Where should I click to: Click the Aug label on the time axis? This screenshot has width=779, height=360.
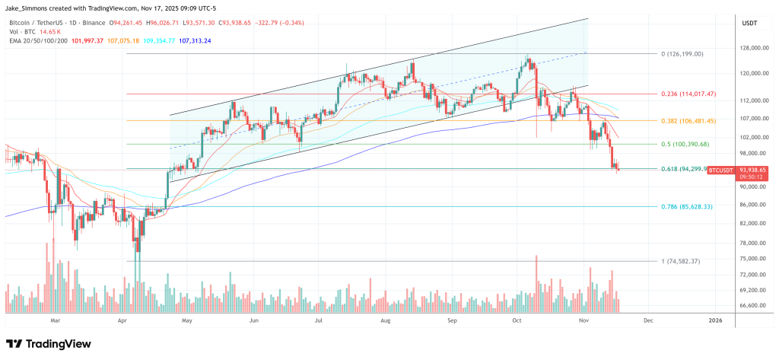click(x=385, y=322)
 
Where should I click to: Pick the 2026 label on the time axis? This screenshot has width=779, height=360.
click(x=715, y=322)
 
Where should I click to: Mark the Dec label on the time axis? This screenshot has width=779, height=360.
click(x=647, y=322)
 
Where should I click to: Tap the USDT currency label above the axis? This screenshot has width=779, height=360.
click(x=749, y=24)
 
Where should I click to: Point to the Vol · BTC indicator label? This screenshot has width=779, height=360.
click(x=21, y=32)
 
